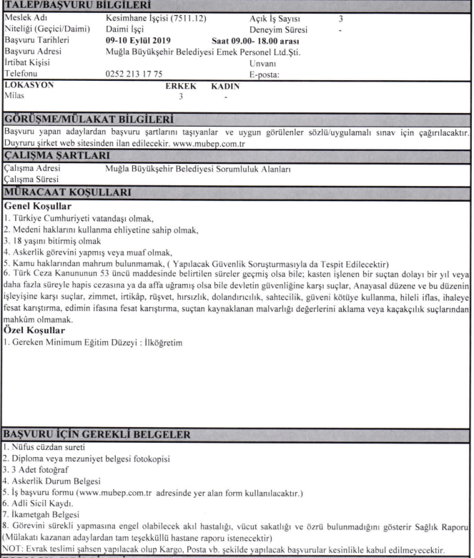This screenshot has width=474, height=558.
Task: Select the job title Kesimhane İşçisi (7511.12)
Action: coord(147,16)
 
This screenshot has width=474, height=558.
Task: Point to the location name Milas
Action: coord(14,94)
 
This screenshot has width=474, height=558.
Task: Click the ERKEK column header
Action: coord(181,84)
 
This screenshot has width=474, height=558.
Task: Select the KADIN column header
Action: coord(227,84)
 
